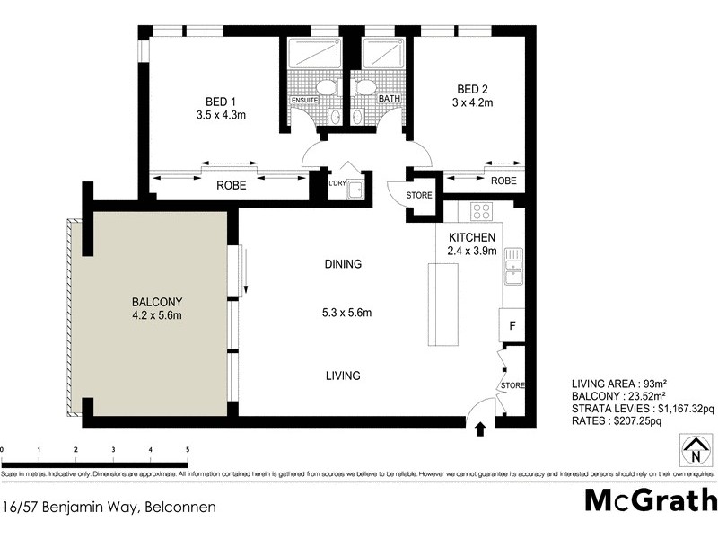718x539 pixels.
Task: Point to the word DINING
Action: click(344, 264)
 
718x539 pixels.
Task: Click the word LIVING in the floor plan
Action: click(342, 376)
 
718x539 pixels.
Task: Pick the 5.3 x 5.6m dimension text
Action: click(347, 313)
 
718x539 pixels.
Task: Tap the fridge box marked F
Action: click(512, 324)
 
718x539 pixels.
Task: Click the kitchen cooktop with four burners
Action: click(480, 212)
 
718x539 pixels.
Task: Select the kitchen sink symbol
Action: click(512, 264)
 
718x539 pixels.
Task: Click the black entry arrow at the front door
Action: click(481, 429)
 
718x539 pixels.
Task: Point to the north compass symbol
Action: click(693, 449)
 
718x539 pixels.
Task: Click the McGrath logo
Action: click(651, 499)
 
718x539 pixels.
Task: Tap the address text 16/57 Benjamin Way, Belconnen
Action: click(109, 508)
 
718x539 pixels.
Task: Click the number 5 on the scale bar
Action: click(187, 448)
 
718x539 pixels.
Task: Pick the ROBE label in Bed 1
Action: click(232, 187)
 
